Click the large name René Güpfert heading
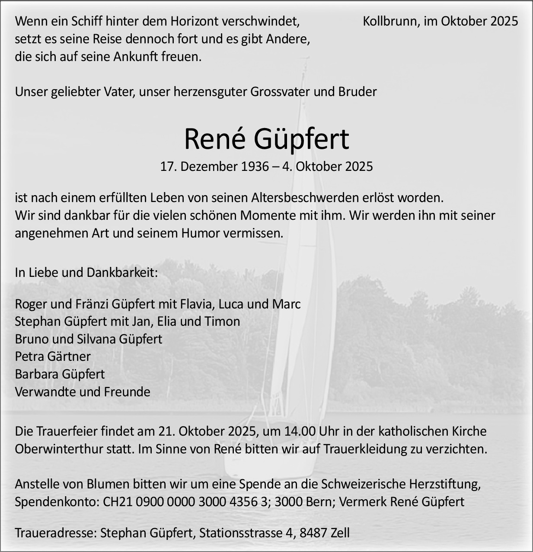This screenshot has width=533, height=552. (x=266, y=139)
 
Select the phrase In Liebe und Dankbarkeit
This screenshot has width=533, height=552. (x=86, y=273)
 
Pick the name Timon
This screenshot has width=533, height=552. (x=224, y=321)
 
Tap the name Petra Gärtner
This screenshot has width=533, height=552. (x=53, y=356)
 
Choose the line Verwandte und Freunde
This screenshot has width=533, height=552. (x=83, y=392)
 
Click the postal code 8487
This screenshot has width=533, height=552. (x=312, y=533)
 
